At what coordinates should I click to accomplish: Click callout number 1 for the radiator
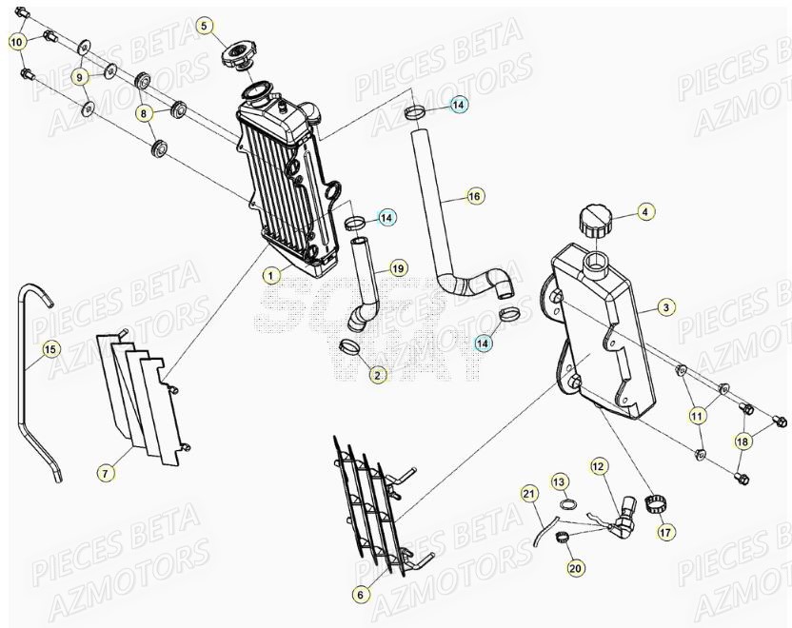point(271,275)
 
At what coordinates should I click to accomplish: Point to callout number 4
point(643,212)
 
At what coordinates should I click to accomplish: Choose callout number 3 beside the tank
point(666,307)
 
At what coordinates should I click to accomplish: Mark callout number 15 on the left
point(50,349)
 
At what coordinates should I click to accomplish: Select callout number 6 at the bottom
point(360,595)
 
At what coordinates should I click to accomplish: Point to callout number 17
point(665,533)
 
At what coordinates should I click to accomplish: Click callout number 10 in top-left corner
point(16,42)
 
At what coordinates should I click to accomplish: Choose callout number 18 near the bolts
point(742,442)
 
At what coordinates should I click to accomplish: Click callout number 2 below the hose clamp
point(378,375)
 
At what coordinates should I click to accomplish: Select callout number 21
point(528,493)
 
